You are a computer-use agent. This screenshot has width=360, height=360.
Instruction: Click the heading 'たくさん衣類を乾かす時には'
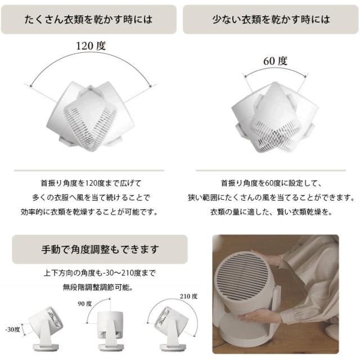[x=88, y=19]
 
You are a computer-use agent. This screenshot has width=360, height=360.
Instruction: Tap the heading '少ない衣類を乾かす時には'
[x=271, y=19]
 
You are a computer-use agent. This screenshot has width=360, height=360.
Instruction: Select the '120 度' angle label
[x=91, y=46]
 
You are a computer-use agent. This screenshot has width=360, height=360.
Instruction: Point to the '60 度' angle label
[x=275, y=61]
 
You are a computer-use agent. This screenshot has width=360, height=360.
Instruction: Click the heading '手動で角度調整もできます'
[x=100, y=249]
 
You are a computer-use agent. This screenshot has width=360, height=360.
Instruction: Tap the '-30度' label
[x=12, y=330]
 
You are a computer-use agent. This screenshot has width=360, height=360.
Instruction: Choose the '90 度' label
[x=85, y=304]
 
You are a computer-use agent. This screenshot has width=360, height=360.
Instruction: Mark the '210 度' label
[x=188, y=296]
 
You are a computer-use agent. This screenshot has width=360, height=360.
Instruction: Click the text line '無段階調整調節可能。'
[x=98, y=287]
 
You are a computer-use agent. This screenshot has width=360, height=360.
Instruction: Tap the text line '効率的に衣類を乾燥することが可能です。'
[x=89, y=211]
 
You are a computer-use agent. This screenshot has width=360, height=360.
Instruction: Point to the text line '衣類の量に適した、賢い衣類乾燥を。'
[x=271, y=211]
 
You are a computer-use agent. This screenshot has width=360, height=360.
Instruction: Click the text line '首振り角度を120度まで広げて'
[x=91, y=183]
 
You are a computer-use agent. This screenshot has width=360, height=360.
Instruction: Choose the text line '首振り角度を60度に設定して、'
[x=271, y=183]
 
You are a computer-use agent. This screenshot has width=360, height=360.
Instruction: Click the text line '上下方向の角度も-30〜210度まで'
[x=100, y=273]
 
